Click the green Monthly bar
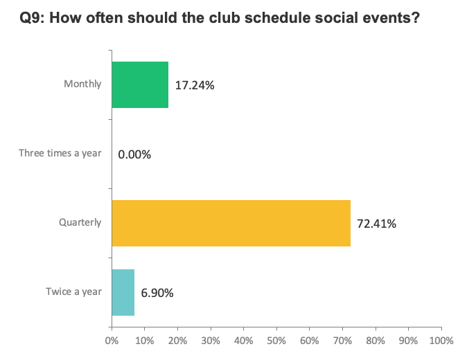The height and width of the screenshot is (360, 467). click(139, 84)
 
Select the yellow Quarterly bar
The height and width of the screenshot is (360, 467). click(231, 223)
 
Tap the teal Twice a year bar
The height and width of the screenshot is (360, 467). click(123, 292)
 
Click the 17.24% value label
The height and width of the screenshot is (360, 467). click(195, 85)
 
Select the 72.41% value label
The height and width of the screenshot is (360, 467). click(377, 224)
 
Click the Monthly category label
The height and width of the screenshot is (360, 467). click(82, 84)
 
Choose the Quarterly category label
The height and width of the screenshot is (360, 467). click(80, 223)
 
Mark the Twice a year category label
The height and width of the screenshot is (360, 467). click(74, 292)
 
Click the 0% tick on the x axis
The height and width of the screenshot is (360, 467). click(111, 341)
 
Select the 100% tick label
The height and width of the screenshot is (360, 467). click(441, 341)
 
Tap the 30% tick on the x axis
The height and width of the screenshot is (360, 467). click(210, 341)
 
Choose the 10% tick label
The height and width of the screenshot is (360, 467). click(144, 341)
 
